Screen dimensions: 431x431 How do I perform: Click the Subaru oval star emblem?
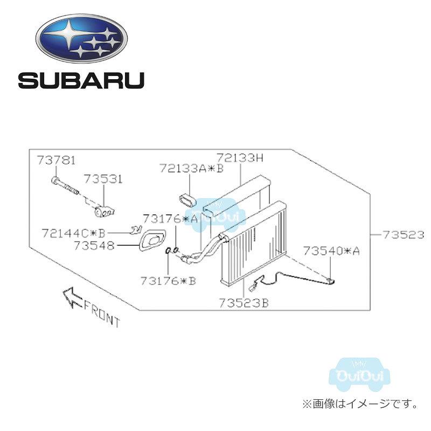pyautogui.click(x=82, y=38)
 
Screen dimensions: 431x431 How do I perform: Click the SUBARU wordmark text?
pyautogui.click(x=81, y=80)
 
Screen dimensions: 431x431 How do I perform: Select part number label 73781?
pyautogui.click(x=56, y=160)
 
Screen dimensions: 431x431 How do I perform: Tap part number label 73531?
pyautogui.click(x=103, y=179)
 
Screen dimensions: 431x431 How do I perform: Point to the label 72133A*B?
pyautogui.click(x=192, y=168)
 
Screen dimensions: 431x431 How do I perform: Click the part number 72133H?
pyautogui.click(x=240, y=158)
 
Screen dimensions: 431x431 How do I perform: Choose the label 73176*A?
pyautogui.click(x=170, y=219)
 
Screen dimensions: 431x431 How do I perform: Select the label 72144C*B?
pyautogui.click(x=74, y=233)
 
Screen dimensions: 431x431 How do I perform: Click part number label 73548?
pyautogui.click(x=94, y=246)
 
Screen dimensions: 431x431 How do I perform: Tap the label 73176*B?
pyautogui.click(x=168, y=281)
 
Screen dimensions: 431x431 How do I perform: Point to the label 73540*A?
pyautogui.click(x=331, y=251)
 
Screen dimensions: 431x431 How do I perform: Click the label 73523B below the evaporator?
pyautogui.click(x=244, y=303)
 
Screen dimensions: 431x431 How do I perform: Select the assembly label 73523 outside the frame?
pyautogui.click(x=404, y=235)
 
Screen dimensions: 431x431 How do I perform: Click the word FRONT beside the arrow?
pyautogui.click(x=102, y=314)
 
